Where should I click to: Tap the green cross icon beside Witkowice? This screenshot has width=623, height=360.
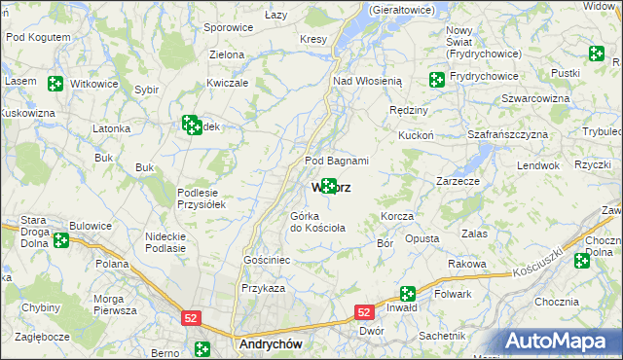click(x=55, y=84)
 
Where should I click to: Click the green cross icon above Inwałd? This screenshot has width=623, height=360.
click(x=407, y=293)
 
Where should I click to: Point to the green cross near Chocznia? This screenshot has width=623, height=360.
click(x=581, y=260)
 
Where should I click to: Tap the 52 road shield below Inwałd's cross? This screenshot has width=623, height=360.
click(x=363, y=312)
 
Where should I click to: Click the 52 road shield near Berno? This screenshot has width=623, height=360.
click(x=191, y=317)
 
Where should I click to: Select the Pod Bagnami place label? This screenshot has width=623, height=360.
click(x=337, y=161)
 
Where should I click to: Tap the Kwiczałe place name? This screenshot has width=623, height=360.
click(x=229, y=83)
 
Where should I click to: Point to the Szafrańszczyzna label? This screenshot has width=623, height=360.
click(x=509, y=135)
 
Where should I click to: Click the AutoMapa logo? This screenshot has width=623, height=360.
click(x=560, y=341)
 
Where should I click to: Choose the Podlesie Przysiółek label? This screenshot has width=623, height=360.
click(x=201, y=198)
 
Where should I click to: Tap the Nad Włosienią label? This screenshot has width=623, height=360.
click(x=367, y=81)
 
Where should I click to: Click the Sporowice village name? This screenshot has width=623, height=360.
click(x=229, y=28)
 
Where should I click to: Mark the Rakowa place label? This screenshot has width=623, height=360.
click(x=466, y=264)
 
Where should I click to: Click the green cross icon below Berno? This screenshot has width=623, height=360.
click(x=202, y=349)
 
